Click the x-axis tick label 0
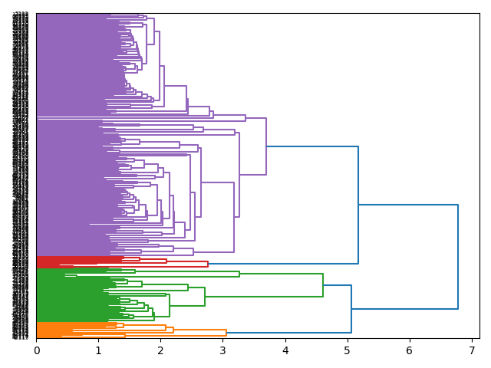point(36,350)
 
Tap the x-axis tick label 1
point(98,350)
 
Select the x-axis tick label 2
point(160,350)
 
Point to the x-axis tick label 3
point(222,350)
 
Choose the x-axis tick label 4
point(285,350)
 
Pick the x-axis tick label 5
point(347,350)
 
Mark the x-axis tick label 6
point(409,350)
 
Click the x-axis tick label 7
point(471,350)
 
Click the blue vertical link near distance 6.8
point(458,257)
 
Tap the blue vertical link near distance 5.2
point(358,205)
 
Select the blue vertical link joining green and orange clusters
point(351,309)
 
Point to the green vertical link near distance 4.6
point(323,284)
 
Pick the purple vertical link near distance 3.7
point(266,146)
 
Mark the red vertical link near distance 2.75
point(208,264)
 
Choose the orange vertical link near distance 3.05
point(226,332)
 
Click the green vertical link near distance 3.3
point(239,274)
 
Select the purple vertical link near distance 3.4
point(245,118)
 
